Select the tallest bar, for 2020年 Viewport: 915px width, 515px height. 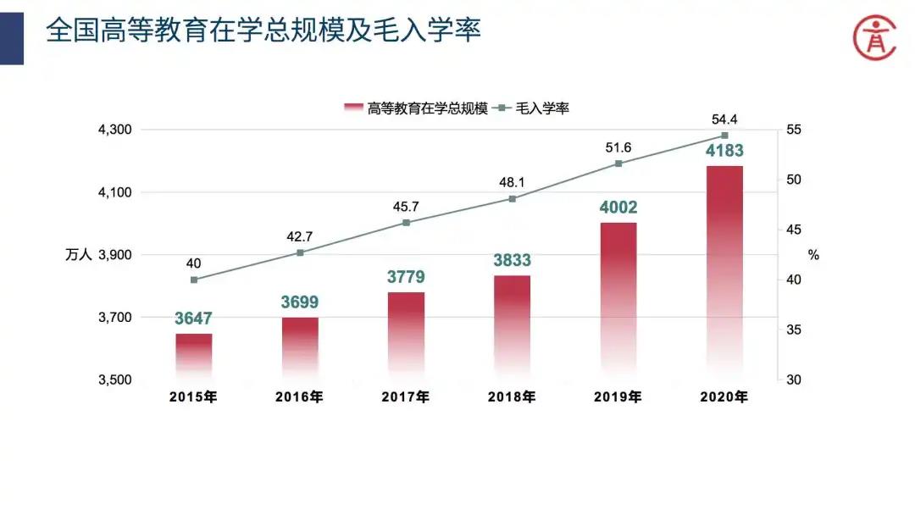[x=724, y=271]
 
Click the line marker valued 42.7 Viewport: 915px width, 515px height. [x=300, y=252]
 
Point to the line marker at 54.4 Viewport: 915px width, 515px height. [x=724, y=136]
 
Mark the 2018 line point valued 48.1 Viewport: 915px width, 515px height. [x=513, y=198]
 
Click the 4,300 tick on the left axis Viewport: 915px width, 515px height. [x=115, y=130]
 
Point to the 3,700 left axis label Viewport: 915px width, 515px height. [x=115, y=318]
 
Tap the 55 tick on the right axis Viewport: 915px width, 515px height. [x=793, y=130]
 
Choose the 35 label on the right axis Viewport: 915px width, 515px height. [x=793, y=330]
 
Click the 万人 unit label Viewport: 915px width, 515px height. [x=78, y=255]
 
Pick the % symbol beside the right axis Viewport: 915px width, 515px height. [x=813, y=255]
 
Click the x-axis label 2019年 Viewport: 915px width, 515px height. [x=618, y=396]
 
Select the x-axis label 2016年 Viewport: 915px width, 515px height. [x=299, y=396]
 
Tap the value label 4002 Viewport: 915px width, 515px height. [x=618, y=208]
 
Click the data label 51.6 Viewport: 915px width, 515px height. [x=618, y=147]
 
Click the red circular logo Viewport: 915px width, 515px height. [x=873, y=36]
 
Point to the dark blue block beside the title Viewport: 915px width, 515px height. [x=12, y=32]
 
